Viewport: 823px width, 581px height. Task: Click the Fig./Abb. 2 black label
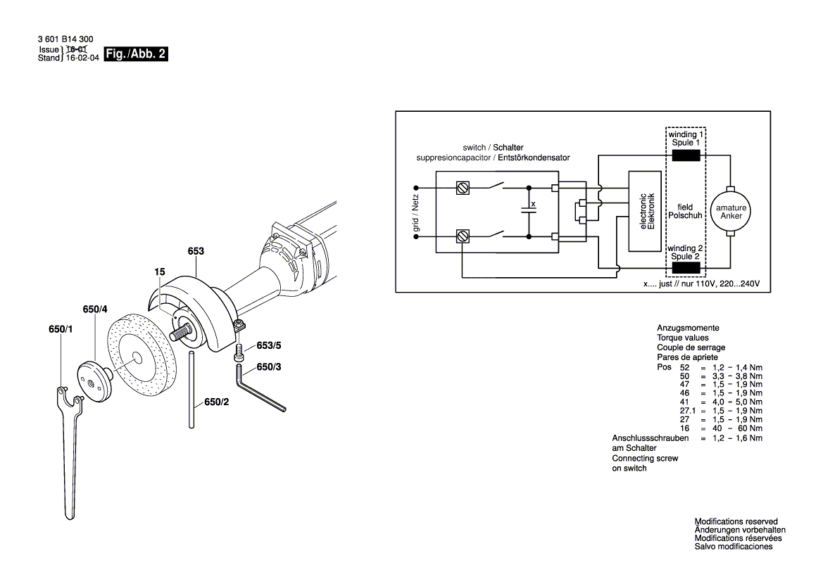(x=136, y=54)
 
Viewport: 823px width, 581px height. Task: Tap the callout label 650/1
(x=61, y=329)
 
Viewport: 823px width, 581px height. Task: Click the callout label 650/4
(x=94, y=309)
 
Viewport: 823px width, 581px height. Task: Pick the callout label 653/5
(x=269, y=345)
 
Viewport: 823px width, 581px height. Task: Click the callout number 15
(x=160, y=271)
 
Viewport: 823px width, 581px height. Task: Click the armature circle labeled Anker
(x=731, y=212)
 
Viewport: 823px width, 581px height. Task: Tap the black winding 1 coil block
(x=686, y=156)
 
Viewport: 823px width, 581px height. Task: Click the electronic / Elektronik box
(x=647, y=212)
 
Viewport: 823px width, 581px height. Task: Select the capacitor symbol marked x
(x=527, y=209)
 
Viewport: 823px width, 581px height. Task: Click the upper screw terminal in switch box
(x=463, y=188)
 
